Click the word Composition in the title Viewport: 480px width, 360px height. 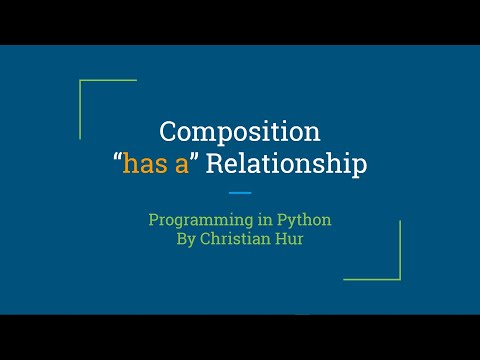240,131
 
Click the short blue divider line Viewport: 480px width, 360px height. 240,192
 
